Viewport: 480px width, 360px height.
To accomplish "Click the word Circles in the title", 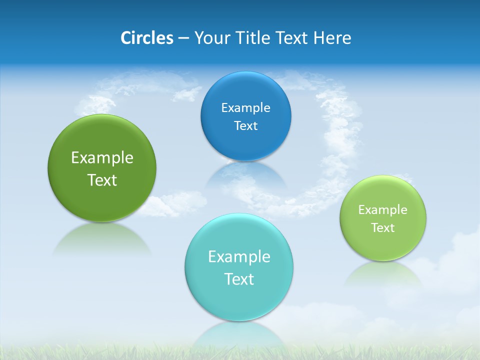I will click(x=146, y=38).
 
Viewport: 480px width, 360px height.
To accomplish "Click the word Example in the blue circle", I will click(x=245, y=107).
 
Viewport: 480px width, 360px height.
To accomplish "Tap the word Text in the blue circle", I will click(x=245, y=125).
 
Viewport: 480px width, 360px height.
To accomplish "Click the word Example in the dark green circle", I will click(x=102, y=157).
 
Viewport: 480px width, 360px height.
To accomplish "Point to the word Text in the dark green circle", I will click(x=102, y=180).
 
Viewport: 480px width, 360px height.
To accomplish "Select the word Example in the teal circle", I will click(x=239, y=256).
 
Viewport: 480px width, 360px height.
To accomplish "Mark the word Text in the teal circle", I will click(x=239, y=279).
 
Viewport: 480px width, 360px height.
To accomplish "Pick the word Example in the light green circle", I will click(x=383, y=209).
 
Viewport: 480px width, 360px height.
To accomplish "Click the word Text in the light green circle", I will click(x=383, y=227).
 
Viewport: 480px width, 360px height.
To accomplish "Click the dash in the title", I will click(x=183, y=38).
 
